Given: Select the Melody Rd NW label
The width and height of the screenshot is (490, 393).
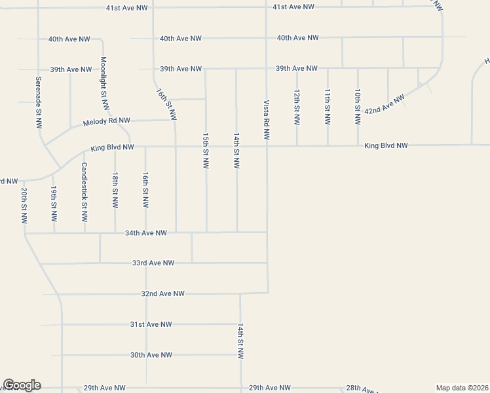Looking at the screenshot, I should (x=107, y=122).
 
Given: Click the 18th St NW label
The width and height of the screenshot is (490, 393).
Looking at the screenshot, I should (x=115, y=191).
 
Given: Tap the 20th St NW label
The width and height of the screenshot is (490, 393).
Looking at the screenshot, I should (x=24, y=206).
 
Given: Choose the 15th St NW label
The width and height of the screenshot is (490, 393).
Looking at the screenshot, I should (x=206, y=151).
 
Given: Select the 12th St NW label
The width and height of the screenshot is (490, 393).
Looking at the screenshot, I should (x=297, y=107).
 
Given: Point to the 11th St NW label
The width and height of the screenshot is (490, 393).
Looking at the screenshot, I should (x=327, y=107).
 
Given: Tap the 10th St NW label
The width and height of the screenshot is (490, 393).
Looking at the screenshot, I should (x=358, y=107).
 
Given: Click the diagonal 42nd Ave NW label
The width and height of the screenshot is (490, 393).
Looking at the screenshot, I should (x=385, y=104).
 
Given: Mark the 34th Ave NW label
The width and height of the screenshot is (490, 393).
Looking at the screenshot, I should (x=146, y=233).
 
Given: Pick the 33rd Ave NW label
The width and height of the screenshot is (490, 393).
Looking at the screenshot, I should (x=153, y=263).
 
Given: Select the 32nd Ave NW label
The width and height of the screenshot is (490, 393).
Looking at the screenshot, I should (x=163, y=293).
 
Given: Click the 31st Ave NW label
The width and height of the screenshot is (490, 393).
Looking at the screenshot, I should (x=151, y=324).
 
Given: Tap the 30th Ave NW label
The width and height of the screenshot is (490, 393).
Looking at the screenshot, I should (x=151, y=355).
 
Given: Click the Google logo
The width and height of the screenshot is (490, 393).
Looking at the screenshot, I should (x=22, y=385).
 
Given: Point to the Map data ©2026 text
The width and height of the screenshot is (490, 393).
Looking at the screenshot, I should (x=462, y=388).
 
